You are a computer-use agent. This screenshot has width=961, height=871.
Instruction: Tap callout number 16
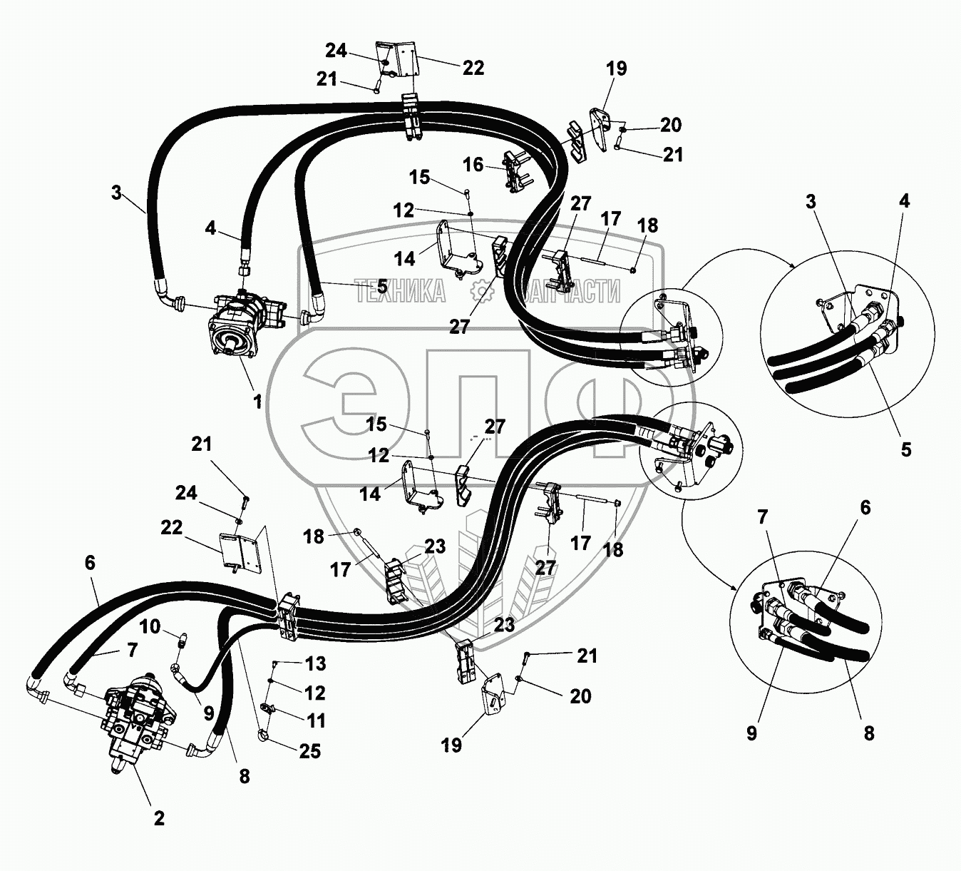[473, 165]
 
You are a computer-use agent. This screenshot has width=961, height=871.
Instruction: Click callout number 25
[310, 751]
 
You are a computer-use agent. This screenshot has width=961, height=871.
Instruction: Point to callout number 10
[150, 627]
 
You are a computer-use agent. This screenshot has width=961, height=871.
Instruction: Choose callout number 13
[315, 663]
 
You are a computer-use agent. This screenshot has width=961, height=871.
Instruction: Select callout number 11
[316, 721]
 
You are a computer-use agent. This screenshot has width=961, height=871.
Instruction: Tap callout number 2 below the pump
[159, 817]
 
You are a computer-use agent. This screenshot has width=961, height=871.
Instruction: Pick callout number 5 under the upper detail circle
[905, 449]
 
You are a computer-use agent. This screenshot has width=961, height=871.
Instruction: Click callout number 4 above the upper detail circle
[904, 201]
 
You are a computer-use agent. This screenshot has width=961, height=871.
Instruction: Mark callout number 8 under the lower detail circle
[868, 733]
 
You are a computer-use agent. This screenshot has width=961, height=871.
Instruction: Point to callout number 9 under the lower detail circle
[751, 733]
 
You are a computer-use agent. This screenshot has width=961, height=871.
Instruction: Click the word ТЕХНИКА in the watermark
[400, 291]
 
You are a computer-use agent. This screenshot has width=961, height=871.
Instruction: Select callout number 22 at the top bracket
[473, 68]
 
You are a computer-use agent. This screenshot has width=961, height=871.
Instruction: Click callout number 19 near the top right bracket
[617, 68]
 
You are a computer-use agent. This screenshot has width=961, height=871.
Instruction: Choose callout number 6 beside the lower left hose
[90, 563]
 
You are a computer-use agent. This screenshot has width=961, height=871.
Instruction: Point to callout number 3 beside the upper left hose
[116, 193]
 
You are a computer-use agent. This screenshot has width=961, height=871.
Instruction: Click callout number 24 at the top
[336, 51]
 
